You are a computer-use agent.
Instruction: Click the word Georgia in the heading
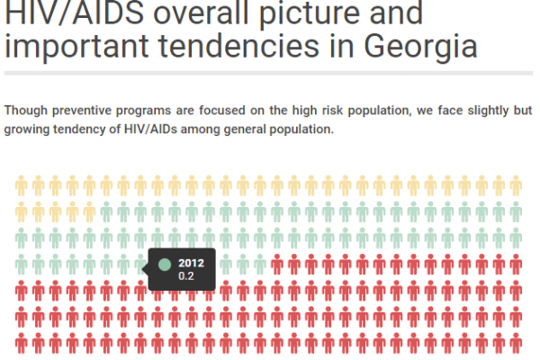(x=420, y=47)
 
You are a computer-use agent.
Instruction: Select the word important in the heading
(x=76, y=47)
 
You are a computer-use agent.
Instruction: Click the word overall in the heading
(x=201, y=13)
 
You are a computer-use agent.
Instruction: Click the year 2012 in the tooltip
(x=191, y=263)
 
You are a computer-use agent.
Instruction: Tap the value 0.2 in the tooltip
(x=186, y=276)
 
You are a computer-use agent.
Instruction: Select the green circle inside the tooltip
(x=165, y=265)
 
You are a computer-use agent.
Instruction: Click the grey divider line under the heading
(x=268, y=74)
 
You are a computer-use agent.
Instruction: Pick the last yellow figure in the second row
(x=89, y=211)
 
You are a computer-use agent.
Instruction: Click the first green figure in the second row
(x=106, y=211)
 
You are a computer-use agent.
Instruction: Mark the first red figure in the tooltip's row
(x=277, y=265)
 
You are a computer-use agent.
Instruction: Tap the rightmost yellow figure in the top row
(x=516, y=185)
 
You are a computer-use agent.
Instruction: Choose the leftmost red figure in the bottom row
(x=22, y=343)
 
